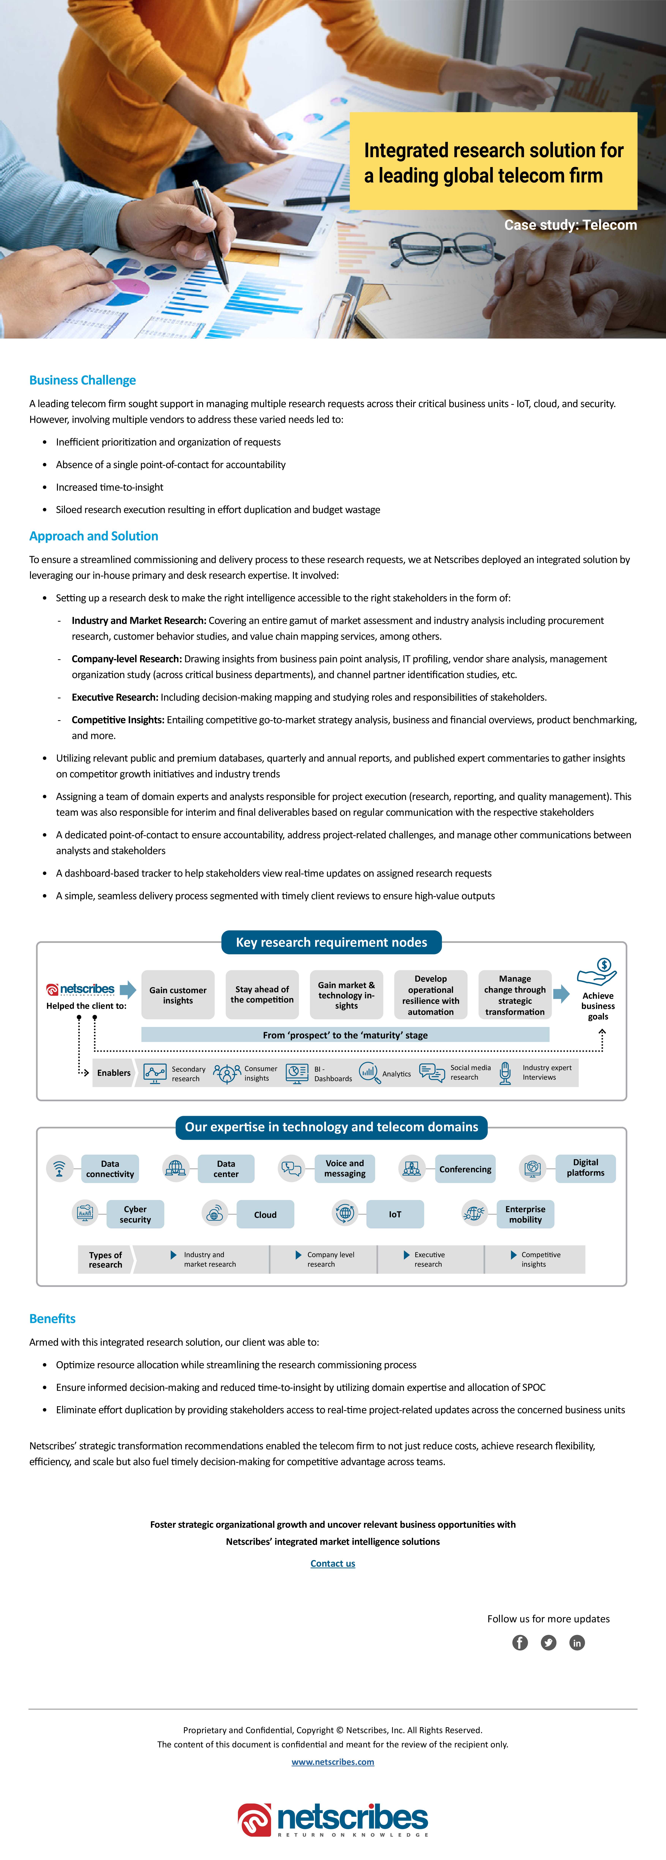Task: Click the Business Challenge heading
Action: [x=82, y=381]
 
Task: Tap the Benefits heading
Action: [x=52, y=1318]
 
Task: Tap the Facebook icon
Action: [x=520, y=1643]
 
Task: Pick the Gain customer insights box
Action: [x=178, y=995]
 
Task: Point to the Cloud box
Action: [x=265, y=1214]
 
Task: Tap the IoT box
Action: [x=395, y=1214]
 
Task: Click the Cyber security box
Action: [x=135, y=1214]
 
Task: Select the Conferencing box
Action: [x=465, y=1169]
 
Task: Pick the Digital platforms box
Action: [x=585, y=1168]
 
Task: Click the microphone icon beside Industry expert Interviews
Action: [x=506, y=1073]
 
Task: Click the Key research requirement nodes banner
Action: [x=331, y=942]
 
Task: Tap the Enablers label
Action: [x=114, y=1073]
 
